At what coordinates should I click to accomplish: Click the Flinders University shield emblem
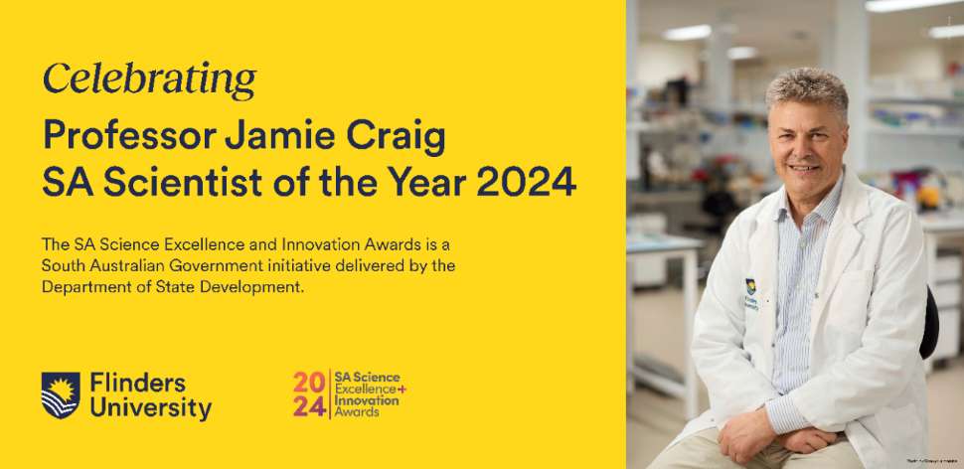(60, 394)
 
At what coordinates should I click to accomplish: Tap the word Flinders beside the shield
(136, 383)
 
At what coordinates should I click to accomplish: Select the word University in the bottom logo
(149, 408)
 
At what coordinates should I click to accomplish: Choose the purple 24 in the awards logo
(308, 408)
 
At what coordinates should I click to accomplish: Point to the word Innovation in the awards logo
(367, 400)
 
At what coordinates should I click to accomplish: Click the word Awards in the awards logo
(357, 412)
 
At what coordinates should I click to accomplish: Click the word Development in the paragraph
(269, 287)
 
